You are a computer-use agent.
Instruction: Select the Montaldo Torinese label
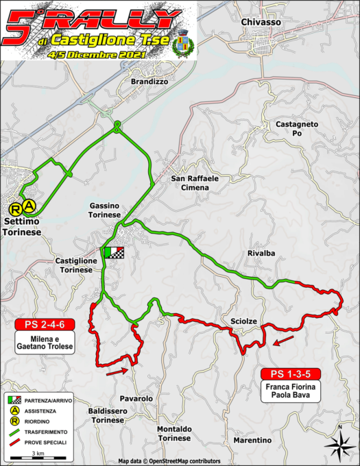coord(173,433)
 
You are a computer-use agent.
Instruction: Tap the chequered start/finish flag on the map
coord(113,252)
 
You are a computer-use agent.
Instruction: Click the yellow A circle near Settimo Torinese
coord(28,205)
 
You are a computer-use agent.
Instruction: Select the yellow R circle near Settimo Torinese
coord(14,210)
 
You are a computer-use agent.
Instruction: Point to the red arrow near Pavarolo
coord(116,371)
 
